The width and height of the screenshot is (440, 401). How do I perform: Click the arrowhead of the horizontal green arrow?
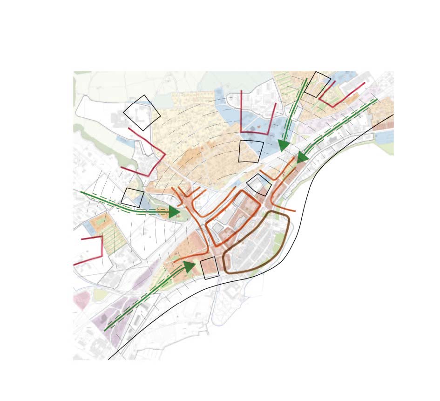point(174,212)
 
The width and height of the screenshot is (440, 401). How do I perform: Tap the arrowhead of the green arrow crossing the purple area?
point(189,267)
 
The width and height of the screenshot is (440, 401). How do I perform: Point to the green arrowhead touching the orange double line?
point(303,157)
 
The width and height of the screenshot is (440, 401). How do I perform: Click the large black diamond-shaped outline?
point(142,113)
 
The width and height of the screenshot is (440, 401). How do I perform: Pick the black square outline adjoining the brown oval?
point(210,268)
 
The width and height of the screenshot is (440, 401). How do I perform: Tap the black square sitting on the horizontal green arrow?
point(133,197)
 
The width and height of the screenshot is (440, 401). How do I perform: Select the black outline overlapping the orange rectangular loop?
point(259,185)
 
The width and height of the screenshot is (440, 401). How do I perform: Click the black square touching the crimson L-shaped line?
point(318,84)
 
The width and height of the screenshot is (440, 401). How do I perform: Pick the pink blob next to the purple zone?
point(80,302)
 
